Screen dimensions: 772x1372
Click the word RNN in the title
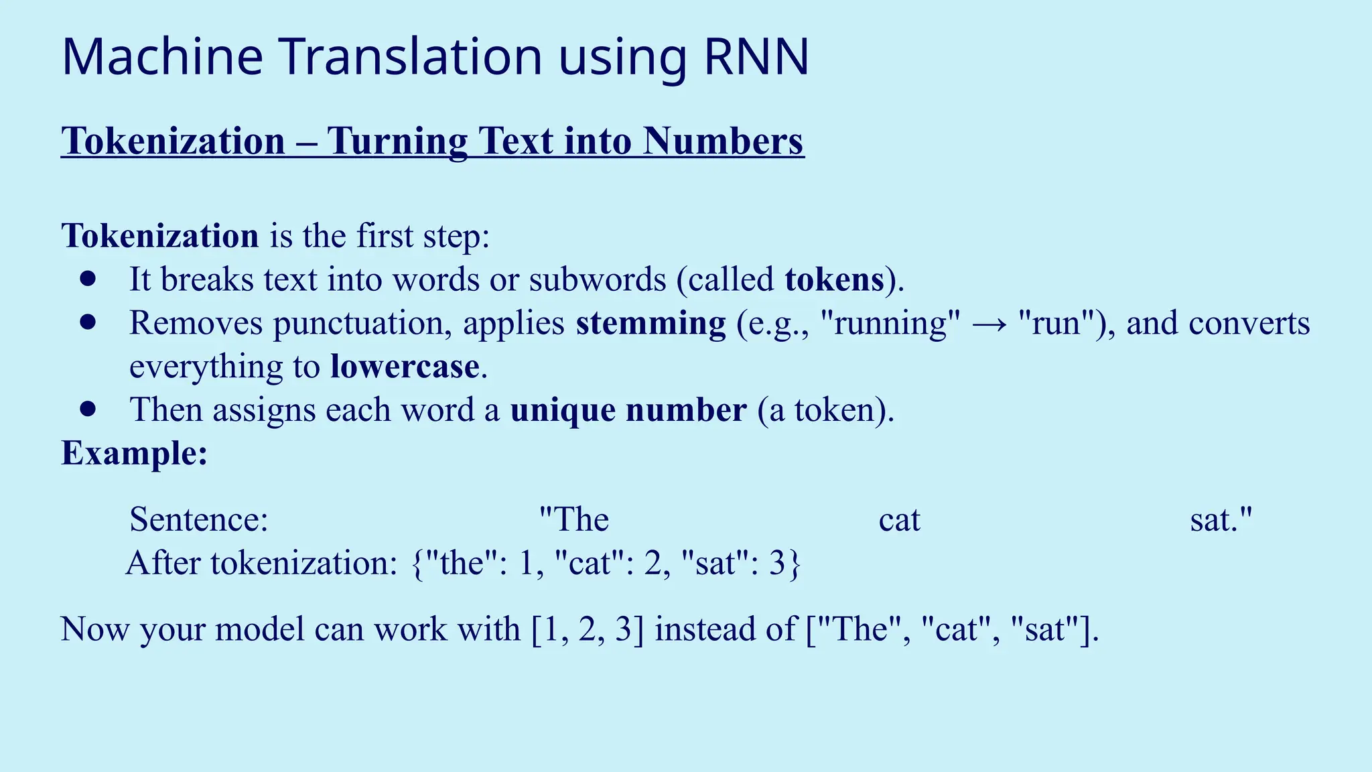tap(756, 58)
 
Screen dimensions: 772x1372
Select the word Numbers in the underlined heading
tap(723, 141)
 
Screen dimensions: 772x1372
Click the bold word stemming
tap(650, 324)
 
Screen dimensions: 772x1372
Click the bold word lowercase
tap(405, 367)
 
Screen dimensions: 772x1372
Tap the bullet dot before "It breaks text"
tap(88, 279)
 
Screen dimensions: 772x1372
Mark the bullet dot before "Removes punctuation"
tap(88, 322)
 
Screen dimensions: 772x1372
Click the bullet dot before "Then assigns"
tap(88, 409)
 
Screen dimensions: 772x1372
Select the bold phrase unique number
tap(628, 410)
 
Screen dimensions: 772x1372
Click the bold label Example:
tap(135, 454)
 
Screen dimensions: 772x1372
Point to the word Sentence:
tap(199, 520)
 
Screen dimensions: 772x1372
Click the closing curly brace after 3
tap(794, 564)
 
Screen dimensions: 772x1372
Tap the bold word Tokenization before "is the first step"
tap(160, 237)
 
